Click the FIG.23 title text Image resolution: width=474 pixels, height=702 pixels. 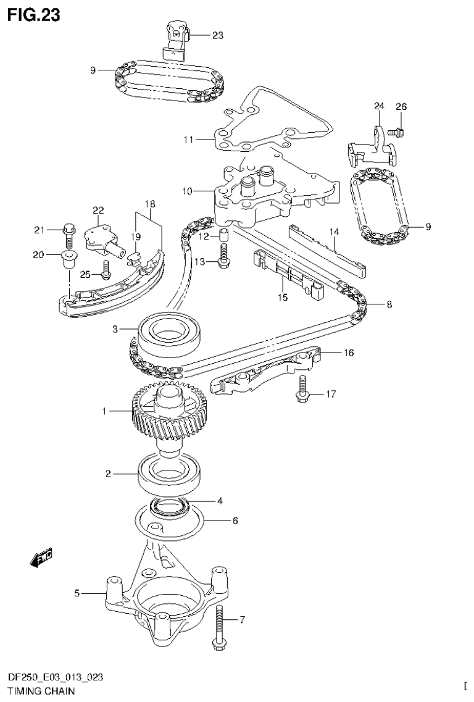click(x=34, y=14)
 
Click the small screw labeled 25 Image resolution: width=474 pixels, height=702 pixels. click(x=106, y=267)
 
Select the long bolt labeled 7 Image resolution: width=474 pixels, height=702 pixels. click(x=219, y=624)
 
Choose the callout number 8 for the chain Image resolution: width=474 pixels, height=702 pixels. click(x=389, y=304)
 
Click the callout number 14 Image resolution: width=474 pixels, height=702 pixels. click(x=334, y=232)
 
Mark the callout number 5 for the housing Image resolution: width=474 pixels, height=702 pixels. click(x=77, y=593)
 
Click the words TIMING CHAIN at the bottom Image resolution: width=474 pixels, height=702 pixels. click(x=41, y=692)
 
